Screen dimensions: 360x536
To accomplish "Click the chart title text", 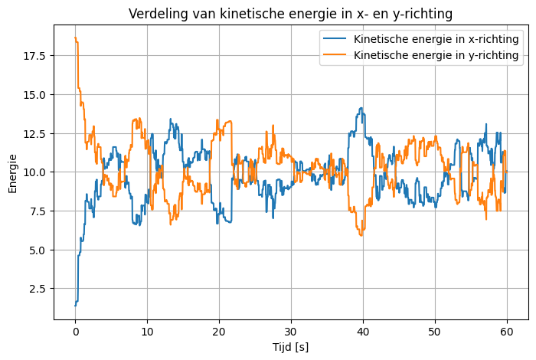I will pyautogui.click(x=291, y=14).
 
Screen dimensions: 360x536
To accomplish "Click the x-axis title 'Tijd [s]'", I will pyautogui.click(x=291, y=347).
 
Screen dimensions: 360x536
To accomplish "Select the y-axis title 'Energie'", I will pyautogui.click(x=12, y=173).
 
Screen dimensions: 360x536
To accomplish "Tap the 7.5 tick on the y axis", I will pyautogui.click(x=38, y=211).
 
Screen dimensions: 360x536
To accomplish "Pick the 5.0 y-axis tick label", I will pyautogui.click(x=38, y=250).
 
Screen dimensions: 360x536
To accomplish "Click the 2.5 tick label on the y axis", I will pyautogui.click(x=38, y=289).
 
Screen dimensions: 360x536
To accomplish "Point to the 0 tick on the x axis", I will pyautogui.click(x=75, y=331).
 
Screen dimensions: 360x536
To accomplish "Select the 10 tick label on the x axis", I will pyautogui.click(x=147, y=331).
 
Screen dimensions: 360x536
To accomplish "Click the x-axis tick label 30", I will pyautogui.click(x=291, y=331).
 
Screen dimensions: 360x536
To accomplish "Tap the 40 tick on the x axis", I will pyautogui.click(x=363, y=331).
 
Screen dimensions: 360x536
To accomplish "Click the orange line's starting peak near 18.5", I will pyautogui.click(x=75, y=38).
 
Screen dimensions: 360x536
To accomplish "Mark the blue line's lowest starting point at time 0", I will pyautogui.click(x=75, y=306).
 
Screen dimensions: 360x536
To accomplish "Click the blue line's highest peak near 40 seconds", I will pyautogui.click(x=361, y=109).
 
